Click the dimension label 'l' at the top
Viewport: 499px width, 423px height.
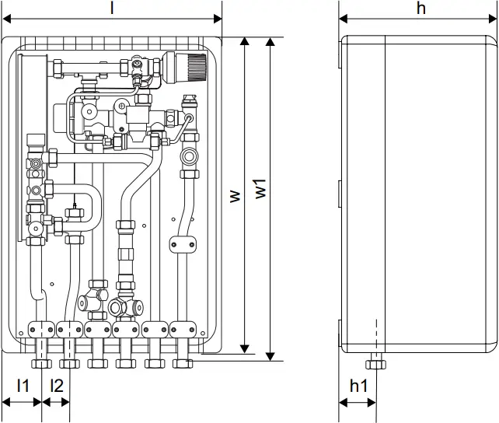pos(112,9)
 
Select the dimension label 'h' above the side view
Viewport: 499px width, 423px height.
pos(420,9)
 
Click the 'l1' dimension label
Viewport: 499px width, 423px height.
pos(23,385)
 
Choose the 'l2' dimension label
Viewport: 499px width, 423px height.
pos(56,385)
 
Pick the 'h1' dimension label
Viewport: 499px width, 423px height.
pos(358,385)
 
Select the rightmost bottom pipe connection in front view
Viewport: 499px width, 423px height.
pos(183,362)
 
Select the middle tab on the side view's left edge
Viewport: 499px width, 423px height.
pos(340,191)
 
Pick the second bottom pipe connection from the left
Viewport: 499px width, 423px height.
pos(68,362)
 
